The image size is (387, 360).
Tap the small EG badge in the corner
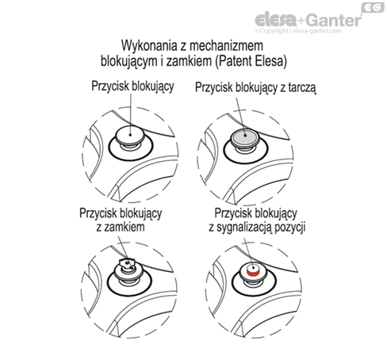374,8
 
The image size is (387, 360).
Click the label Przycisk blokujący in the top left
128,88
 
